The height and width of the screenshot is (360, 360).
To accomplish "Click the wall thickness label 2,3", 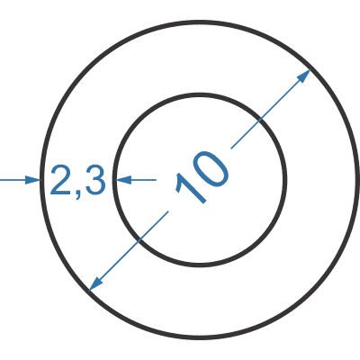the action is pyautogui.click(x=78, y=181).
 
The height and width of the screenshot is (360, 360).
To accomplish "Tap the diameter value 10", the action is pyautogui.click(x=202, y=176).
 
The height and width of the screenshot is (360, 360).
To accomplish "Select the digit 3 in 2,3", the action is pyautogui.click(x=95, y=180).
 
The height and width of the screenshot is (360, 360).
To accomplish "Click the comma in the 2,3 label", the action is pyautogui.click(x=78, y=193).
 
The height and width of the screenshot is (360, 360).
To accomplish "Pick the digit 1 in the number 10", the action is pyautogui.click(x=191, y=188).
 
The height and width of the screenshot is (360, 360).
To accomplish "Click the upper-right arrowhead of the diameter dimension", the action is pyautogui.click(x=303, y=76).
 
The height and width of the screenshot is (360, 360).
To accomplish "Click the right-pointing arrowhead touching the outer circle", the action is pyautogui.click(x=32, y=180).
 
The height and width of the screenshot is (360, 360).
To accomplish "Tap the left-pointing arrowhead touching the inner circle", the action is pyautogui.click(x=124, y=180).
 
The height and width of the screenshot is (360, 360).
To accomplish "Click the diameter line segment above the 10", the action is pyautogui.click(x=271, y=109).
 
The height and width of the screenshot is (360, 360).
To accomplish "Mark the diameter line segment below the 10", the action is pyautogui.click(x=129, y=251).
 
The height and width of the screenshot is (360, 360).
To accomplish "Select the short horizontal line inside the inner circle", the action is pyautogui.click(x=137, y=180).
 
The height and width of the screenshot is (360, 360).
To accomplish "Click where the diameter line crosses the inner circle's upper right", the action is pyautogui.click(x=259, y=120).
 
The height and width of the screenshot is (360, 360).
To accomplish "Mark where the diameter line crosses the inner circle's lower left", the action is pyautogui.click(x=139, y=240).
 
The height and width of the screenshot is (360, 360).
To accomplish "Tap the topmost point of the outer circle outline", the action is pyautogui.click(x=200, y=22).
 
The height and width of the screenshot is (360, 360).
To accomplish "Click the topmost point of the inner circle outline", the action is pyautogui.click(x=200, y=95).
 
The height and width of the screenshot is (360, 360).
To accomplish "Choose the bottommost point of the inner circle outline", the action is pyautogui.click(x=200, y=265).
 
